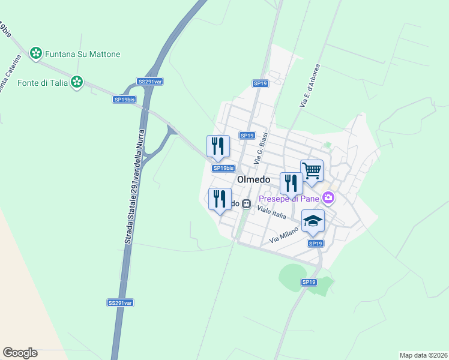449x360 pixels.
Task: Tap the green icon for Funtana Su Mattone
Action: [x=37, y=53]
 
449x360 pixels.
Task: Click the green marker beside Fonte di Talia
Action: [x=76, y=82]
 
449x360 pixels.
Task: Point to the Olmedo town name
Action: [x=254, y=179]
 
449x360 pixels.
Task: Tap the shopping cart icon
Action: [x=312, y=171]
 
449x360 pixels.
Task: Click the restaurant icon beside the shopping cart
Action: [x=291, y=183]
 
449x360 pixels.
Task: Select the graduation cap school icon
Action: [x=313, y=221]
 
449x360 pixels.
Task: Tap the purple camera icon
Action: [x=328, y=197]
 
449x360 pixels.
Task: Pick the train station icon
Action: [x=246, y=203]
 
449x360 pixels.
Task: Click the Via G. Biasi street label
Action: [x=261, y=149]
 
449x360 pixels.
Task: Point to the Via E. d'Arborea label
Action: [x=310, y=86]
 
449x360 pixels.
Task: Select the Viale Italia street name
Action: [x=272, y=212]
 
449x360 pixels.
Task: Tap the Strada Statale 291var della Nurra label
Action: [x=136, y=186]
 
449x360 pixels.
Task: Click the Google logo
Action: [x=20, y=353]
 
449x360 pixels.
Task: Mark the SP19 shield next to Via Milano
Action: [x=316, y=243]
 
